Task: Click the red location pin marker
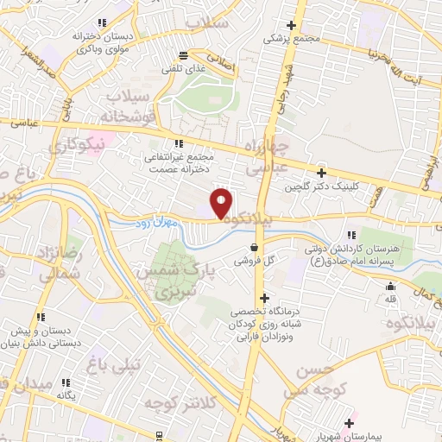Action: [x=222, y=204]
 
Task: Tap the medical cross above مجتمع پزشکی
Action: [x=292, y=26]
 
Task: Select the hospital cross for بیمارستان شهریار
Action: [x=350, y=423]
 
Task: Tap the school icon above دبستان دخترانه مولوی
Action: [x=102, y=22]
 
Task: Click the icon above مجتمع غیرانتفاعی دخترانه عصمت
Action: [x=179, y=143]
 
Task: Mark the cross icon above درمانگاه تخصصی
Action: [x=262, y=298]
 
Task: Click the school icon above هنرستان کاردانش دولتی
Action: [x=350, y=235]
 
